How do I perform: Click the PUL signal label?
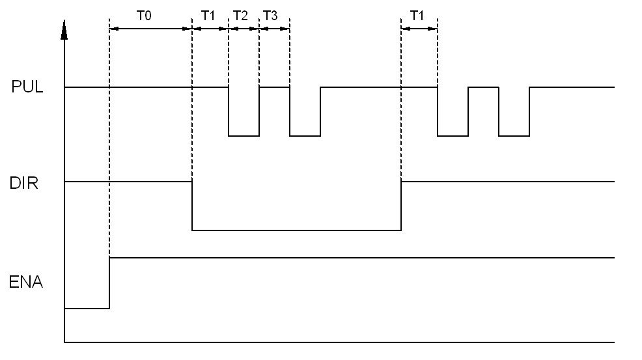pyautogui.click(x=27, y=87)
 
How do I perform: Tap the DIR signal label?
pyautogui.click(x=25, y=183)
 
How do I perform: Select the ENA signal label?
pyautogui.click(x=26, y=283)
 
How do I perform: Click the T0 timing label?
pyautogui.click(x=144, y=16)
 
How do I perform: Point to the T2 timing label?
pyautogui.click(x=240, y=16)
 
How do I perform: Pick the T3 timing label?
pyautogui.click(x=270, y=16)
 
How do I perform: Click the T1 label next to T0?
pyautogui.click(x=208, y=16)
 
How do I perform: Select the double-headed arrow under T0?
pyautogui.click(x=150, y=29)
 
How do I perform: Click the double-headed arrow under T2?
pyautogui.click(x=244, y=29)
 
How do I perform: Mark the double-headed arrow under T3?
pyautogui.click(x=274, y=29)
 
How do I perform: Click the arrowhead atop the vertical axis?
pyautogui.click(x=64, y=29)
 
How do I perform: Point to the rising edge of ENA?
pyautogui.click(x=109, y=283)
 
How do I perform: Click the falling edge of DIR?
pyautogui.click(x=192, y=206)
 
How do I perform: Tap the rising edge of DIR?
pyautogui.click(x=401, y=206)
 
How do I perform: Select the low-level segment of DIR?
pyautogui.click(x=296, y=230)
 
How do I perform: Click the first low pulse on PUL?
pyautogui.click(x=244, y=135)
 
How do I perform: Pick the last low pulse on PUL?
pyautogui.click(x=514, y=135)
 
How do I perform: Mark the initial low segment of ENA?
pyautogui.click(x=87, y=308)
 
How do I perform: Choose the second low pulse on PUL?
pyautogui.click(x=305, y=135)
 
